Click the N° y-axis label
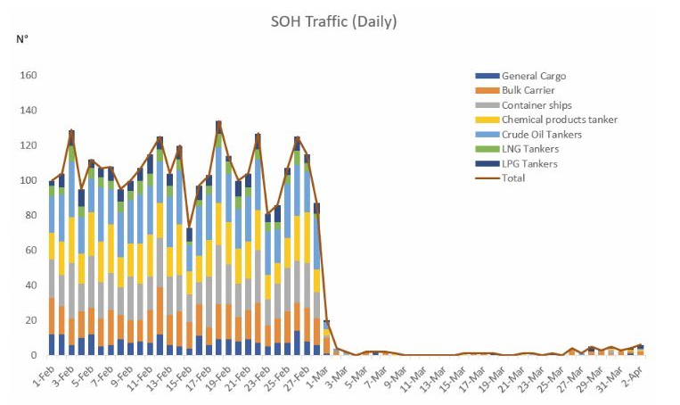pyautogui.click(x=21, y=39)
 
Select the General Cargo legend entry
pyautogui.click(x=533, y=76)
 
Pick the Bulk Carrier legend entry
pyautogui.click(x=528, y=90)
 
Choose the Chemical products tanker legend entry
pyautogui.click(x=559, y=120)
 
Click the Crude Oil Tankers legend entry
pyautogui.click(x=541, y=134)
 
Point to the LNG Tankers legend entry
pyautogui.click(x=531, y=149)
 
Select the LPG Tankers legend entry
pyautogui.click(x=529, y=163)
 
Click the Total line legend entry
pyautogui.click(x=512, y=178)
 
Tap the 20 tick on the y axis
pyautogui.click(x=29, y=320)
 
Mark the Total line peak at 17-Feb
pyautogui.click(x=218, y=121)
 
